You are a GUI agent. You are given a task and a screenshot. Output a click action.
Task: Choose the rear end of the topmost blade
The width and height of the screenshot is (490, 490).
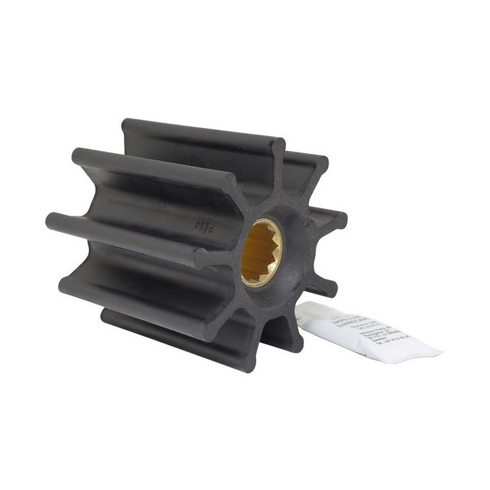129,127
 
